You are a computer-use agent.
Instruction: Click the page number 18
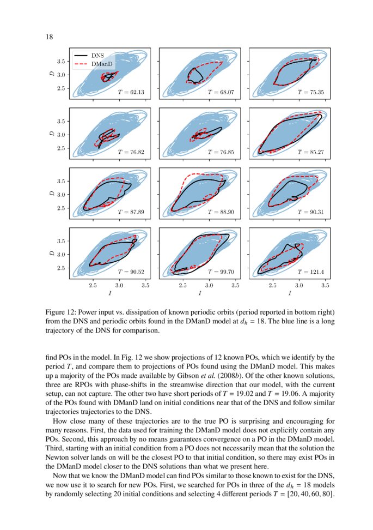pos(49,37)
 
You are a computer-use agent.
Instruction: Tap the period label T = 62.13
pos(131,93)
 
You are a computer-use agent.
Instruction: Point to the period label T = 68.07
pos(221,93)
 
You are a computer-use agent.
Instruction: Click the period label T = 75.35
pos(310,93)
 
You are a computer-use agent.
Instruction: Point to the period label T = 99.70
pos(221,271)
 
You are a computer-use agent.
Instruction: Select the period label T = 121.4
pos(310,271)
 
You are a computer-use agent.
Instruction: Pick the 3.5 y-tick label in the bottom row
pos(62,241)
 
